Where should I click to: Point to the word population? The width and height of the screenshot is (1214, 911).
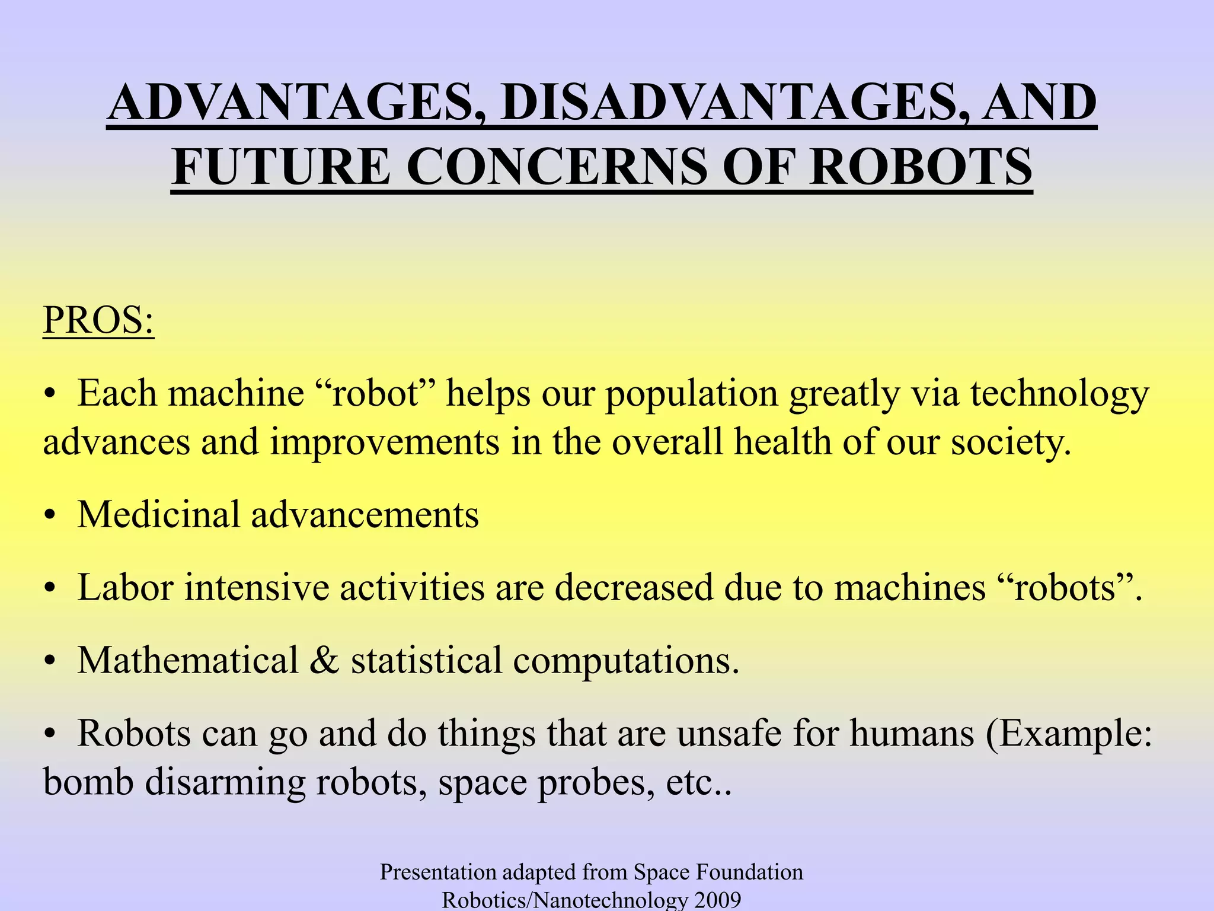pos(691,394)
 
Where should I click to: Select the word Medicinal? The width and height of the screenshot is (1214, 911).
pos(158,514)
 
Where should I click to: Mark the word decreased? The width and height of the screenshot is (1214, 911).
pos(634,588)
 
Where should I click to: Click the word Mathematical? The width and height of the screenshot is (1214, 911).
pos(188,660)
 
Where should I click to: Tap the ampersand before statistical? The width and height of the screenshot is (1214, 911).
pos(325,660)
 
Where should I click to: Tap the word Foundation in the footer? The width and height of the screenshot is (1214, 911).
pos(749,872)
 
